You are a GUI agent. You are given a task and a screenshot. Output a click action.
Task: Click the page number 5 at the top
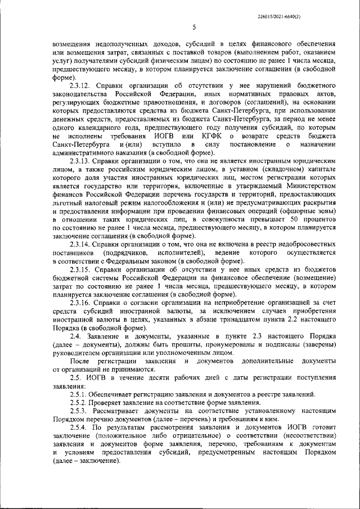193,27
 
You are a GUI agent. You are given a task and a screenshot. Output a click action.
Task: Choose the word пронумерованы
220,344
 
